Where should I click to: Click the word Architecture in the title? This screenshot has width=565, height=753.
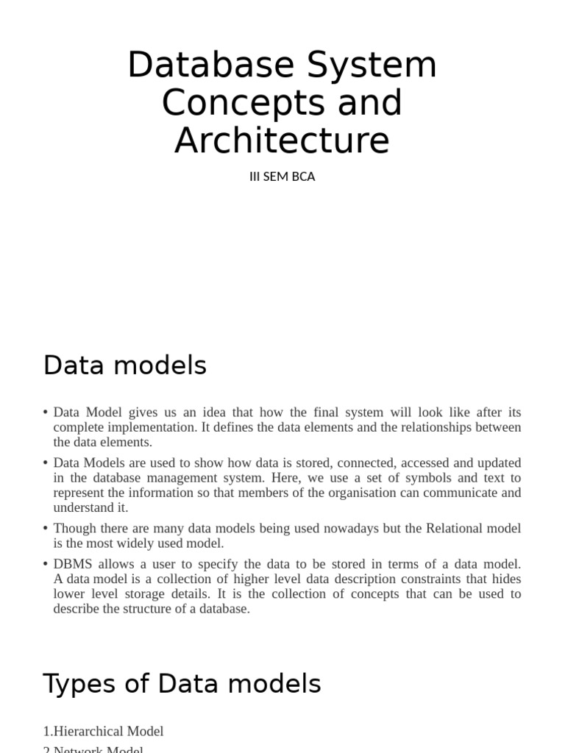[282, 140]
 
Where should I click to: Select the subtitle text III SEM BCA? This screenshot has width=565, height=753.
[282, 177]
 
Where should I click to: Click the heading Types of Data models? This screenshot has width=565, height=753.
[182, 684]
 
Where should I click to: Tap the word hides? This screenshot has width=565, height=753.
[506, 579]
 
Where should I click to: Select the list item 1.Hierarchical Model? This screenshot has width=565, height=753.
[103, 731]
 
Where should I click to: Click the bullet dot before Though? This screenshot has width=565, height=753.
[46, 529]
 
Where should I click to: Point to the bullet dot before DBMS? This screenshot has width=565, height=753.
[46, 565]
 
